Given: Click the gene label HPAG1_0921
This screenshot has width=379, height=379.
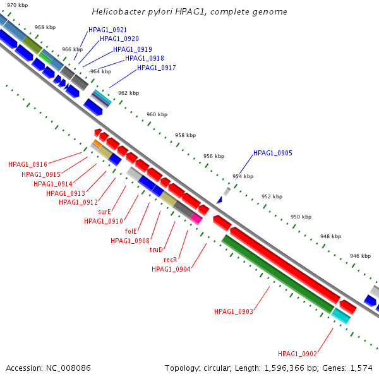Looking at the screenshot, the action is (107, 30).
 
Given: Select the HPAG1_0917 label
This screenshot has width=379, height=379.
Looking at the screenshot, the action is (157, 68).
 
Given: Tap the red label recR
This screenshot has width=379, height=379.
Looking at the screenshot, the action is (171, 260).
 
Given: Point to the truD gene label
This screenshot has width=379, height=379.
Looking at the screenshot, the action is (156, 250).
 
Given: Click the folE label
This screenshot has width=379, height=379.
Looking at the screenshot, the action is (131, 231).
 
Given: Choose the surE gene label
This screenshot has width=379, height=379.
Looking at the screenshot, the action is (104, 212).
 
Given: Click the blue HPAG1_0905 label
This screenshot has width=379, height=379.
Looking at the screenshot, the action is (273, 153).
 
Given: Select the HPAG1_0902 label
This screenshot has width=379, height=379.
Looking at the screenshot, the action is (298, 354).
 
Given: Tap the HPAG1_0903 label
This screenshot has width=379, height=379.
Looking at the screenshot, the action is (234, 311).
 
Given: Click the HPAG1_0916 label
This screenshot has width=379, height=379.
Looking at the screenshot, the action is (28, 165).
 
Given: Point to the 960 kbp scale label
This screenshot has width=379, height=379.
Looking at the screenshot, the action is (157, 114).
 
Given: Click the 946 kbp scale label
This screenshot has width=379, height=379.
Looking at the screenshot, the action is (361, 256).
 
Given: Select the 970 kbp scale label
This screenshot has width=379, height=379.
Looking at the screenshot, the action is (18, 5).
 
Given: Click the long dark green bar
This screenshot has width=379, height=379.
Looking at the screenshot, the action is (278, 274).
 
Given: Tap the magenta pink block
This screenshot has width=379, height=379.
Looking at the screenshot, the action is (196, 219).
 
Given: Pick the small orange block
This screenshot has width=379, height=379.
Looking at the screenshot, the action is (97, 143).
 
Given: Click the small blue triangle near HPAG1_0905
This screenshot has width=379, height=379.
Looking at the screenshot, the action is (220, 200).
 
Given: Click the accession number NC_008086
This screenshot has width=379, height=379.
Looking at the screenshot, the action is (68, 368).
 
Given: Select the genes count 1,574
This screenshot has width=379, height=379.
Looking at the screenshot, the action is (361, 368).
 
